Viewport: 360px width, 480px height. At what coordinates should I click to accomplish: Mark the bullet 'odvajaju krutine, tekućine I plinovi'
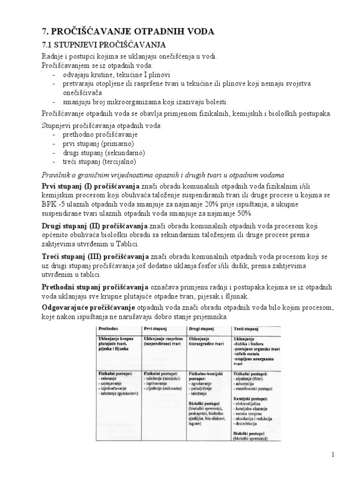(x=117, y=75)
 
